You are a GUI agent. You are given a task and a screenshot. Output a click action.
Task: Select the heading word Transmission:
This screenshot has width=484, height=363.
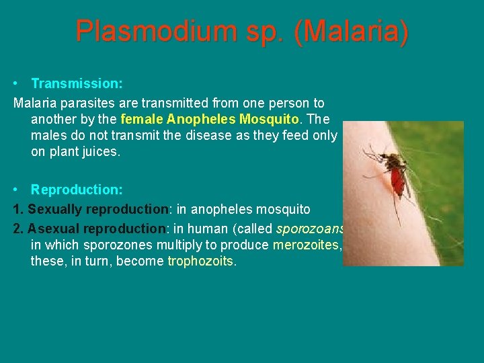coord(77,84)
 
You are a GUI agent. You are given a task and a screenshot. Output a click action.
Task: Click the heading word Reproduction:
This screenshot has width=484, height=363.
coord(77,190)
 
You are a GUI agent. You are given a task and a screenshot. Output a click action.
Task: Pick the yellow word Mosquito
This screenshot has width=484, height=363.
coord(268,120)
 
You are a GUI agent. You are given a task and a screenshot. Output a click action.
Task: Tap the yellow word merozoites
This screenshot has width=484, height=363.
coord(306,245)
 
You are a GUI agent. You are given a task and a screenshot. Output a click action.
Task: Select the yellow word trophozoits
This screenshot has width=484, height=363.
coord(200,261)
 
